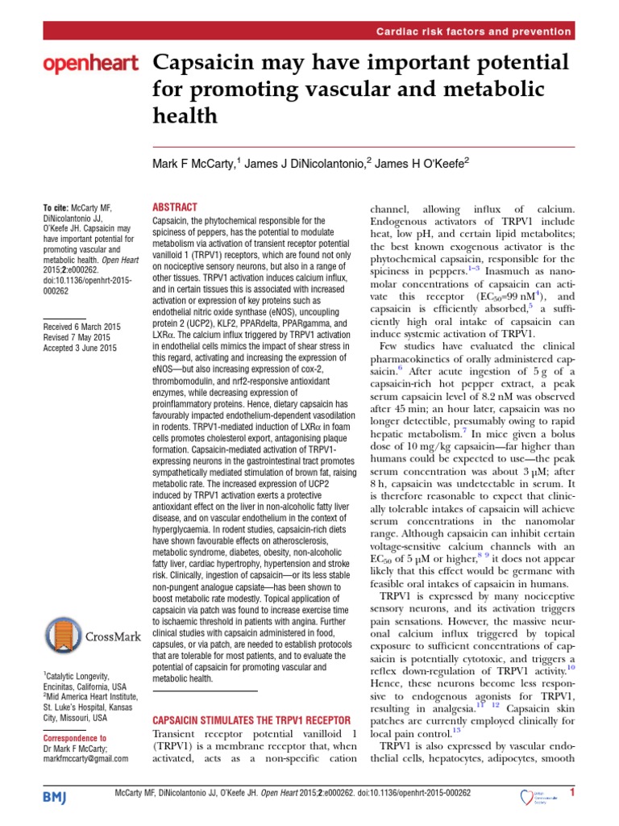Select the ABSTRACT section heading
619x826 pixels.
(x=174, y=207)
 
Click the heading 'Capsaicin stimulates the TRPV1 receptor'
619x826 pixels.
(x=239, y=720)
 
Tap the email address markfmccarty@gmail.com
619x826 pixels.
(x=85, y=759)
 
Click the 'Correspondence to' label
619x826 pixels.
(x=74, y=737)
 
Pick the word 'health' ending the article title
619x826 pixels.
(x=185, y=116)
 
